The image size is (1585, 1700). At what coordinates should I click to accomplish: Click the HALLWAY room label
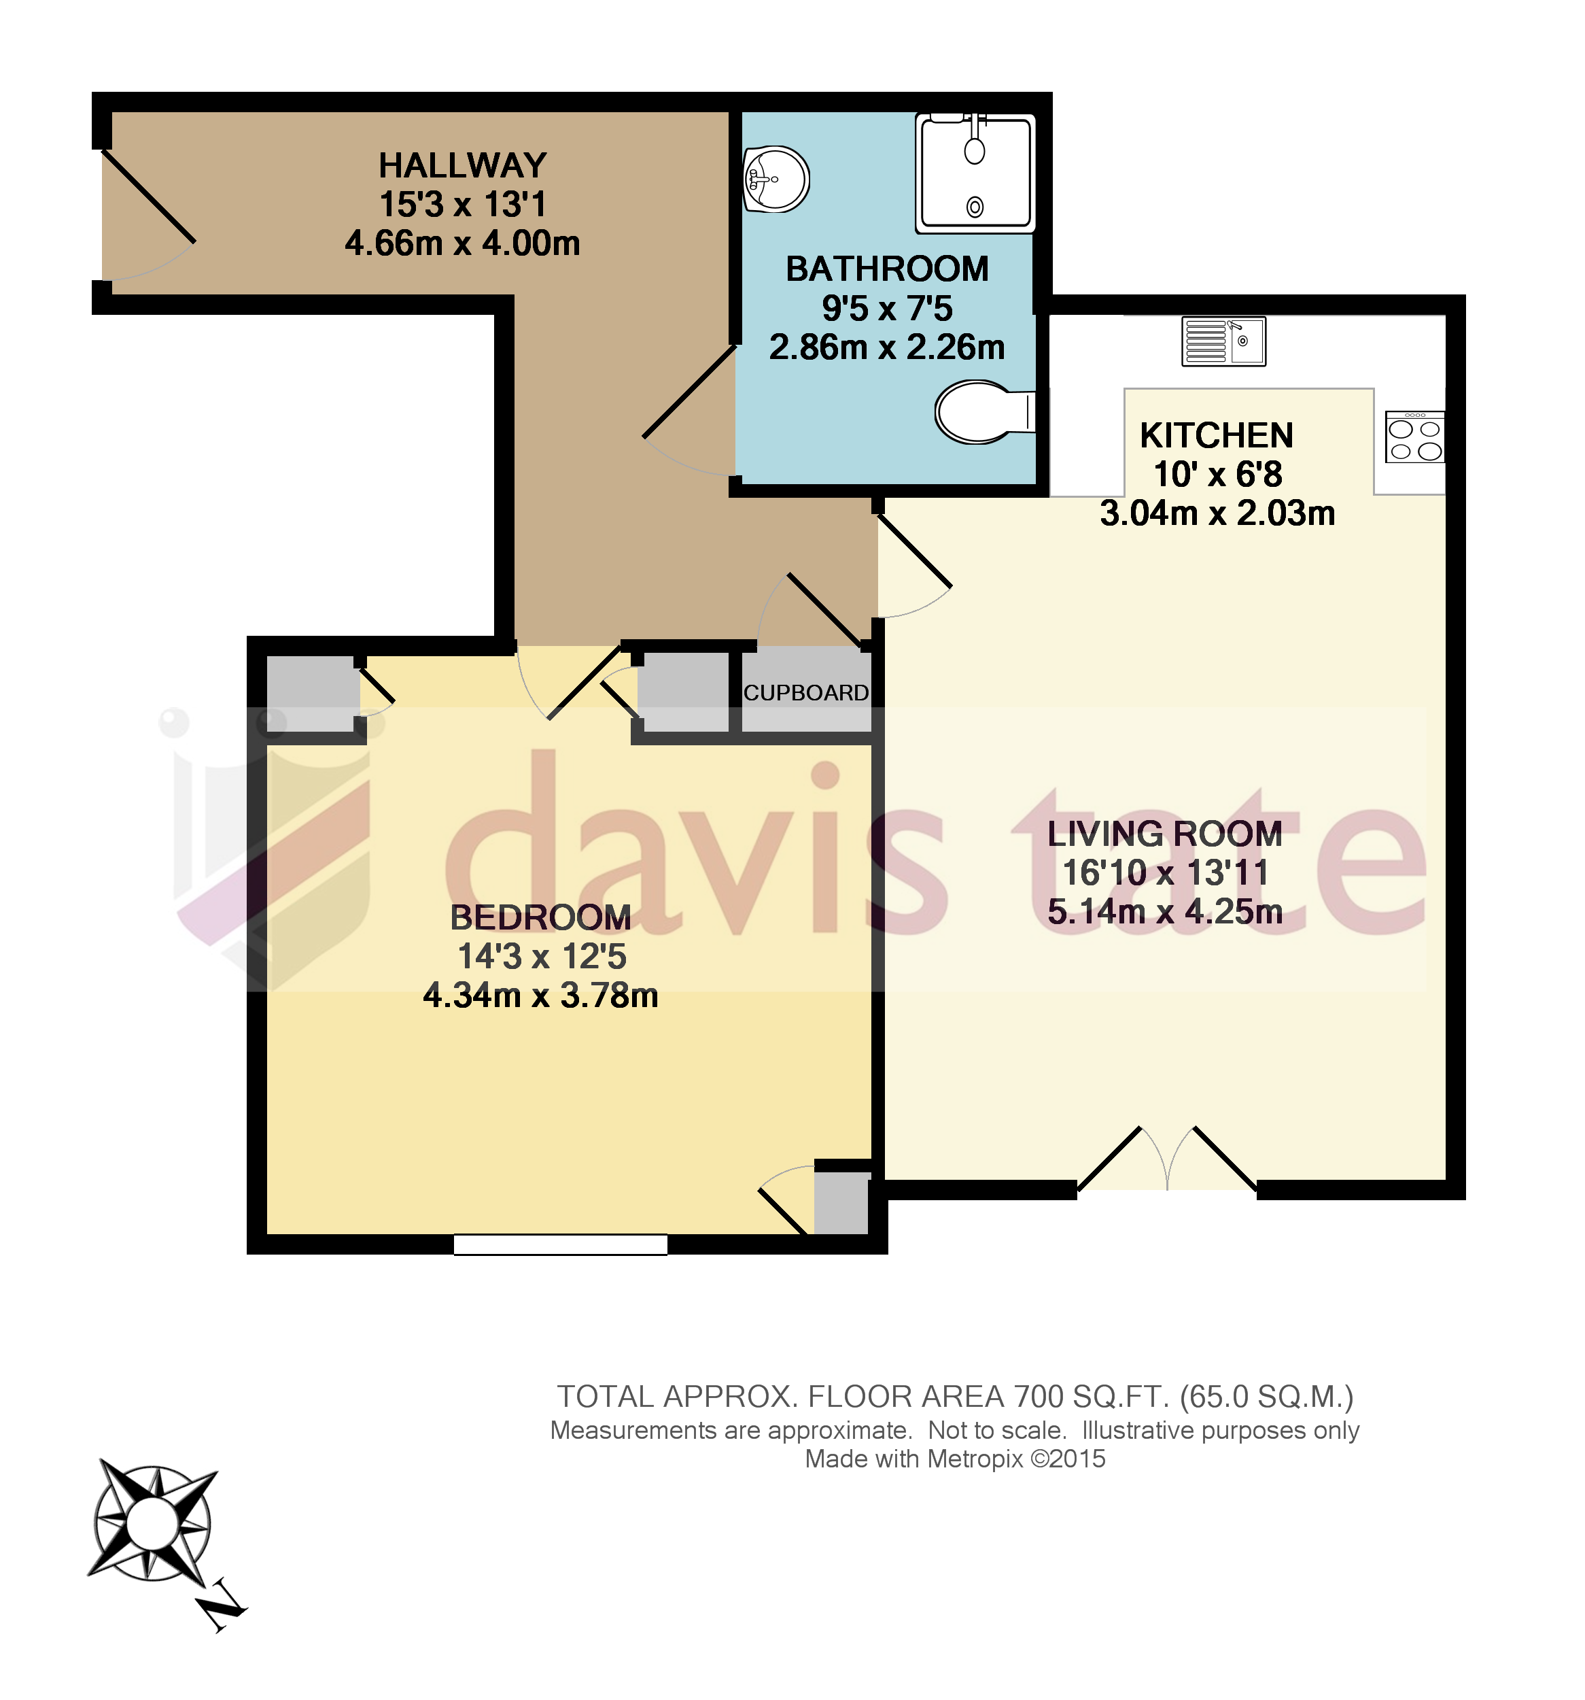click(462, 165)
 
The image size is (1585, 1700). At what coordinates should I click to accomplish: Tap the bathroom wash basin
click(776, 179)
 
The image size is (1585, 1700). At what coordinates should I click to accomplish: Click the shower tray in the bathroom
click(975, 173)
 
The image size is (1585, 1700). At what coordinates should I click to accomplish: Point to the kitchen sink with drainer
click(1223, 341)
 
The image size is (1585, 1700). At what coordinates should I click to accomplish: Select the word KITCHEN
click(1216, 435)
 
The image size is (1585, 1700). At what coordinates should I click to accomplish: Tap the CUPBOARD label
click(805, 693)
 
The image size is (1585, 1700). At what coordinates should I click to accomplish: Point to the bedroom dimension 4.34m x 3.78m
click(540, 996)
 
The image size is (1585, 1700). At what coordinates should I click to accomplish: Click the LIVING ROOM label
click(1164, 834)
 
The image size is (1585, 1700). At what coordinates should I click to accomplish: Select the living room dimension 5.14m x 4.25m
click(1164, 912)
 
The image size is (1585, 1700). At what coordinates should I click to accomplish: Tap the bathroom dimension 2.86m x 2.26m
click(886, 347)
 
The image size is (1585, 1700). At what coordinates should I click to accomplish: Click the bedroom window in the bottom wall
click(560, 1245)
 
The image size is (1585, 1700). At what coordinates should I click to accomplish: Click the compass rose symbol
click(152, 1523)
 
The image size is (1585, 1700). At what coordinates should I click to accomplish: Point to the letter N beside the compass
click(222, 1608)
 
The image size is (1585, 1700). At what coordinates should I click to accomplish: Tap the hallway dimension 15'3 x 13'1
click(462, 205)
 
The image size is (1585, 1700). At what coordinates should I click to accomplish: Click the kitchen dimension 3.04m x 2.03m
click(1217, 513)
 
